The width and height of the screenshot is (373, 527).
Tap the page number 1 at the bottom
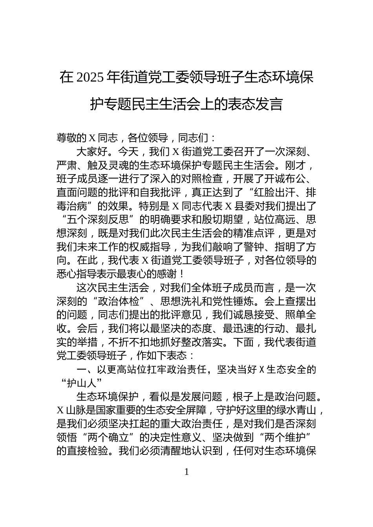point(186,472)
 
